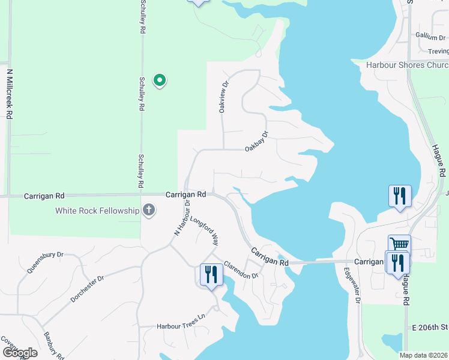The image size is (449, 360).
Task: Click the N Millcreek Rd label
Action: tap(10, 94)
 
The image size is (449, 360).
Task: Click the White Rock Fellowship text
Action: tap(97, 211)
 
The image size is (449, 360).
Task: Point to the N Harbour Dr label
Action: tap(178, 217)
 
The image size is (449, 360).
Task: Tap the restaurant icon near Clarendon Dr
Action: tap(211, 275)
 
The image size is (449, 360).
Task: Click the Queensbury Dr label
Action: tap(45, 262)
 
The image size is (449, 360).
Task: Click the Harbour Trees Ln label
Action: tap(181, 326)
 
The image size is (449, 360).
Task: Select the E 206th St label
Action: tap(430, 328)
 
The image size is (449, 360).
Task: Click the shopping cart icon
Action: tap(399, 244)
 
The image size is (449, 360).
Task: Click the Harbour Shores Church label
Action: tap(407, 65)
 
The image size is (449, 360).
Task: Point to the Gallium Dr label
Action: tap(432, 37)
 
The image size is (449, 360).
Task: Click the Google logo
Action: tap(20, 352)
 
